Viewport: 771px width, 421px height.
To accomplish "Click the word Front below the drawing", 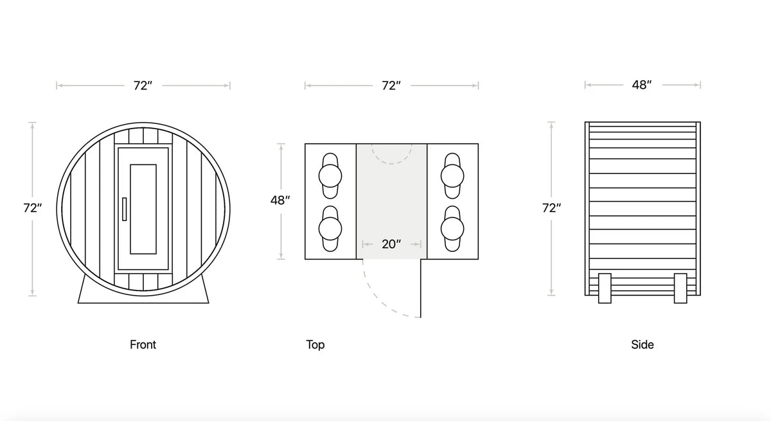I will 143,345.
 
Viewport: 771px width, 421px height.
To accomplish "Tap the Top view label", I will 315,345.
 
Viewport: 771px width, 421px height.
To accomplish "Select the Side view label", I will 642,345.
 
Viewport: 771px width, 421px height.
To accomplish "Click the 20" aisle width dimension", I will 391,244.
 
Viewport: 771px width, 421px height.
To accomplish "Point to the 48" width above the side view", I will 641,85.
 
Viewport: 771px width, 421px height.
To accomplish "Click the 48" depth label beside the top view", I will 280,201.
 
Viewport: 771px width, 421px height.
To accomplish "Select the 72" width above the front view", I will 143,85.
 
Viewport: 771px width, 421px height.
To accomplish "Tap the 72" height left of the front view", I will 33,208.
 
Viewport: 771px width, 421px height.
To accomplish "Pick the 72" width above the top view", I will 391,85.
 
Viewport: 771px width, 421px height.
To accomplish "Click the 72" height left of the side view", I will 551,208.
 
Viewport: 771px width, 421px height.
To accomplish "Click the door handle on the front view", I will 124,210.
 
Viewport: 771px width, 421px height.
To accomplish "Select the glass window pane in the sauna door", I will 143,209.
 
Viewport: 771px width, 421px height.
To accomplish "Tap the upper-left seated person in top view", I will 330,175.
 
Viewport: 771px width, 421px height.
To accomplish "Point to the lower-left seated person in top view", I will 330,228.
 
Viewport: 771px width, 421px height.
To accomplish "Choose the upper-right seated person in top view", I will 452,175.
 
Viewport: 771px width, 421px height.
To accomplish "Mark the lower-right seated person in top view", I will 452,228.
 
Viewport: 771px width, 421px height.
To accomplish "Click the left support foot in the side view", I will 604,287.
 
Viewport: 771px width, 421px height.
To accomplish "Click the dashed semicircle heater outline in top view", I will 391,157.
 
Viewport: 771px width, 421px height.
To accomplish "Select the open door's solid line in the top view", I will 421,289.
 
